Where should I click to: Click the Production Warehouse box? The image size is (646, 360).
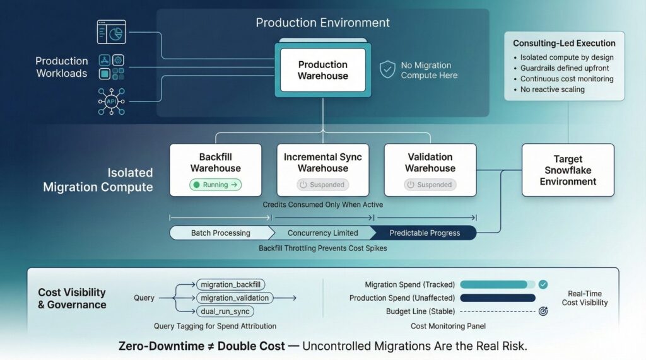(x=322, y=70)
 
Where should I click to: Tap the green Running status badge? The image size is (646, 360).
(x=216, y=185)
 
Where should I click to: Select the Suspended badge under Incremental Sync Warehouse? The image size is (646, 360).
(x=322, y=185)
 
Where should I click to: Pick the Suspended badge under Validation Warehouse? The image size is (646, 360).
(x=430, y=185)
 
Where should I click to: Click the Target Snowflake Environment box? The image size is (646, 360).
(x=568, y=170)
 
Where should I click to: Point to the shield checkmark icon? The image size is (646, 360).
(x=387, y=69)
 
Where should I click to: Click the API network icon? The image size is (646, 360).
(x=111, y=102)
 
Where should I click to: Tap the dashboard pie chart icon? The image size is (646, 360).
(x=111, y=32)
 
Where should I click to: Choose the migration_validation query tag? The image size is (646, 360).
(x=234, y=298)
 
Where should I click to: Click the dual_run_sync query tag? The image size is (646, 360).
(x=226, y=311)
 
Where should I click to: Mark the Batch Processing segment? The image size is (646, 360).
(x=220, y=233)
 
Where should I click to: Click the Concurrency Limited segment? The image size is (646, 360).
(x=322, y=233)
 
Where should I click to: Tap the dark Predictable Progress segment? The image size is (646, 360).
(x=425, y=233)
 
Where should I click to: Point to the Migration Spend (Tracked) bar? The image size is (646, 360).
(x=494, y=284)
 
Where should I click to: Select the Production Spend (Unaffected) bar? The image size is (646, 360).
(x=498, y=298)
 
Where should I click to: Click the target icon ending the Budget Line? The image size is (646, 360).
(x=543, y=311)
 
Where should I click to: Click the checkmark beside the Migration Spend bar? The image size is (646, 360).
(x=543, y=284)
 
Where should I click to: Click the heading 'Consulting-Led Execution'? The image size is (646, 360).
(x=564, y=44)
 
